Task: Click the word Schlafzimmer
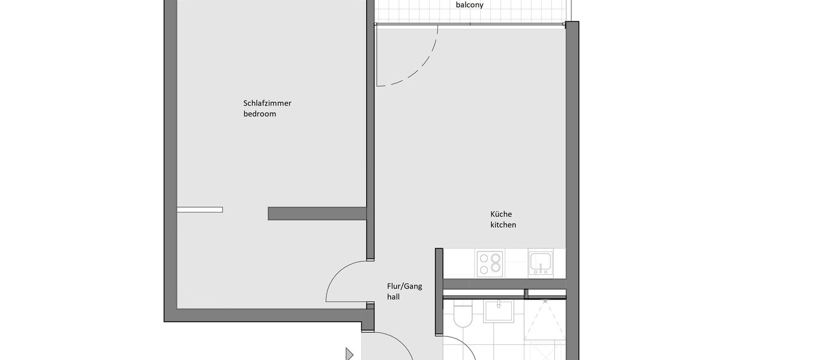coord(267,103)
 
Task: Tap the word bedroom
coord(260,114)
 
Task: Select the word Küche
coord(501,214)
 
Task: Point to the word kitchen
coord(503,225)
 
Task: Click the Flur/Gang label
coord(404,286)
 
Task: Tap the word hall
coord(393,296)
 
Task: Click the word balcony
coord(469,5)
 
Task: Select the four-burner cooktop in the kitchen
coord(489,263)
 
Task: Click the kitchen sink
coord(541,263)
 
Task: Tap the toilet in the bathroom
coord(463,315)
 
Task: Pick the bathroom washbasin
coord(498,311)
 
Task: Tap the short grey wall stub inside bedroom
coord(317,214)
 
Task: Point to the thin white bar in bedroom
coord(200,209)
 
